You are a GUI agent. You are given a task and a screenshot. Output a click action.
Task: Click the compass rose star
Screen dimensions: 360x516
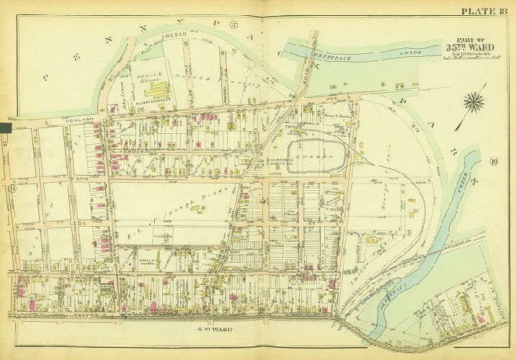[x=473, y=102]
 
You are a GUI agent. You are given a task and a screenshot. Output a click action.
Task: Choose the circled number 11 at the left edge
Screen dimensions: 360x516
[x=12, y=189]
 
